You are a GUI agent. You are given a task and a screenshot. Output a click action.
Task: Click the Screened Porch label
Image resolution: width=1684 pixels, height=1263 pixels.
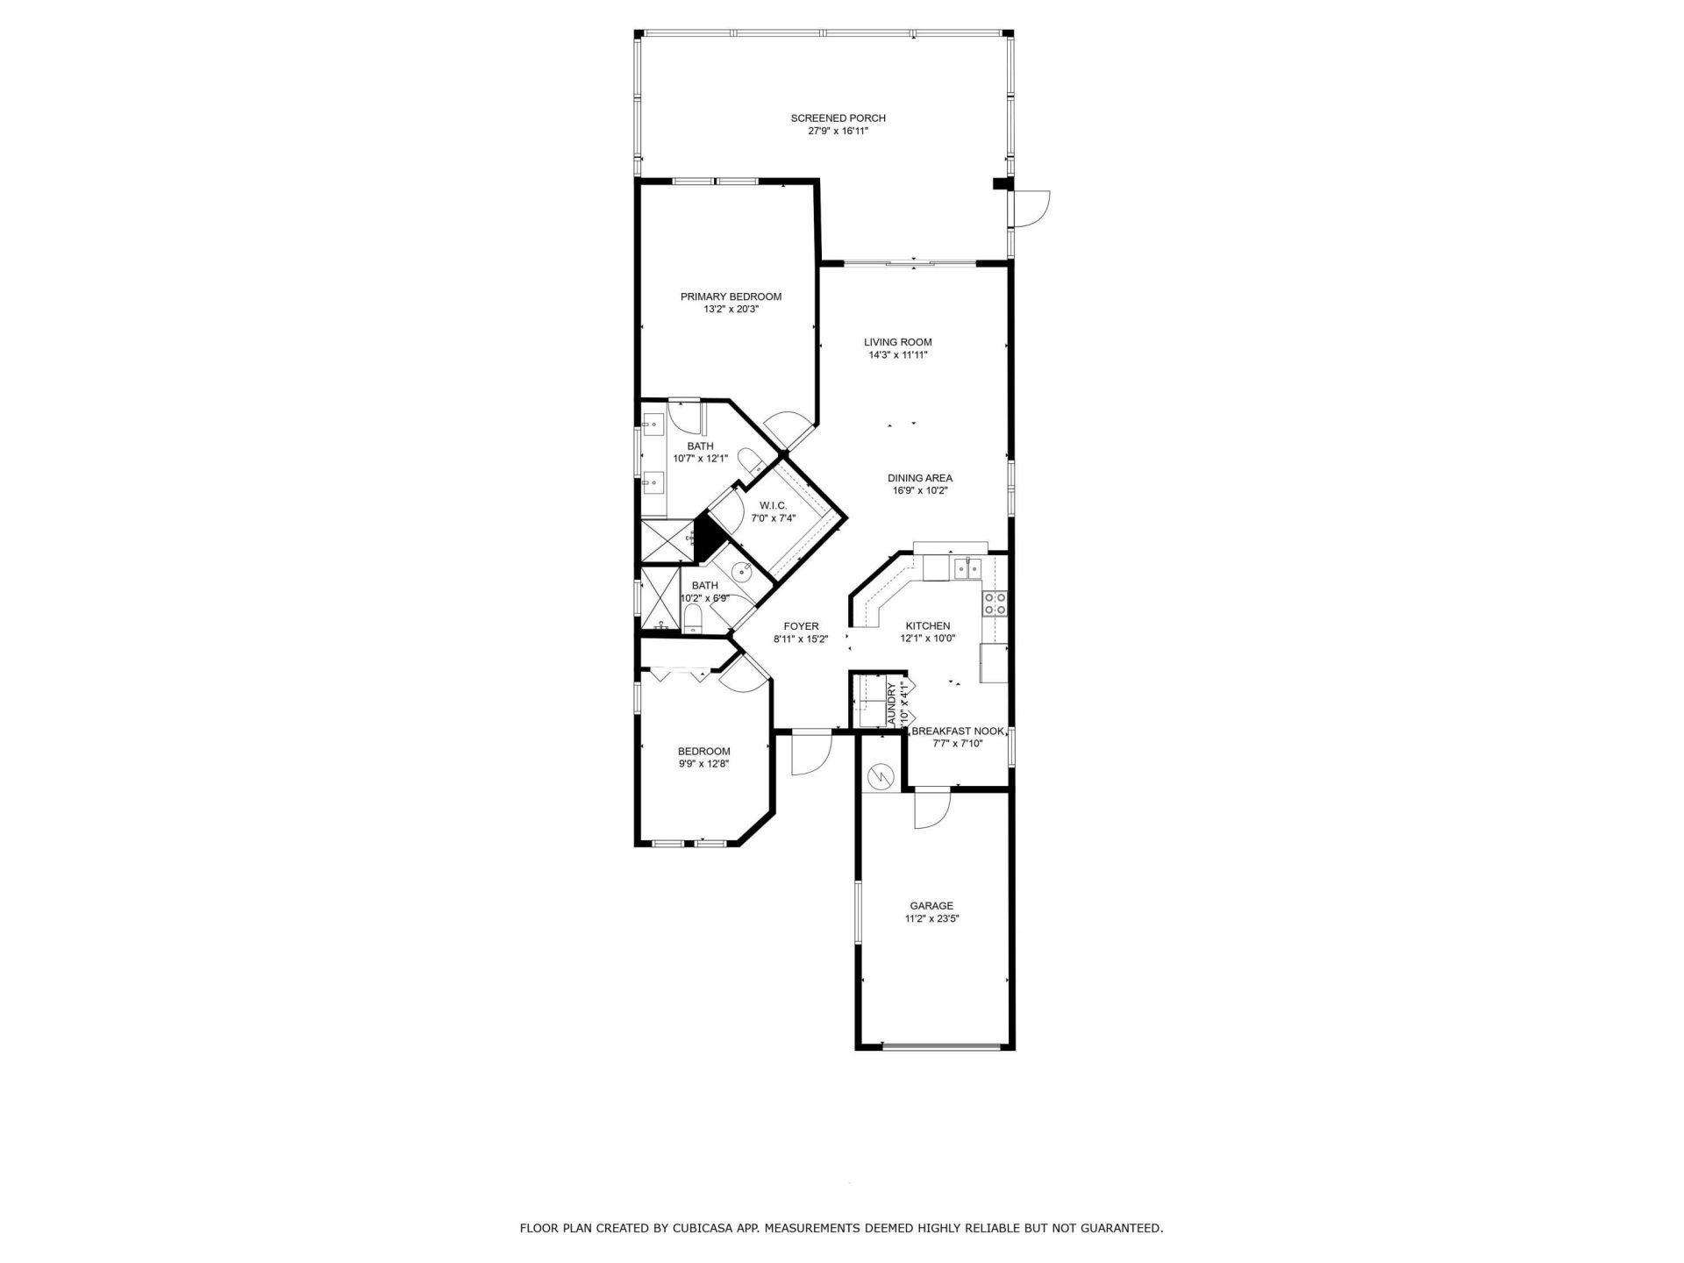tap(838, 118)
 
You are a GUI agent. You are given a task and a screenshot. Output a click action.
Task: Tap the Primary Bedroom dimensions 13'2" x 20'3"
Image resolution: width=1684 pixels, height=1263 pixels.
tap(731, 310)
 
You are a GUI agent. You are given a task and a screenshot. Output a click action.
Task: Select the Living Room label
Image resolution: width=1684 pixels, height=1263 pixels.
tap(897, 342)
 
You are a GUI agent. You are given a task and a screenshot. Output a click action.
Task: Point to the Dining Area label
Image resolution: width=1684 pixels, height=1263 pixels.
tap(919, 478)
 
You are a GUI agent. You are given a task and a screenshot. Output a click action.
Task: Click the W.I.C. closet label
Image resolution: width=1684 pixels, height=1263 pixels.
tap(773, 506)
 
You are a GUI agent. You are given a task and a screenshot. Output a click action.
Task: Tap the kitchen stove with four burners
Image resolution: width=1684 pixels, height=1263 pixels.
tap(995, 603)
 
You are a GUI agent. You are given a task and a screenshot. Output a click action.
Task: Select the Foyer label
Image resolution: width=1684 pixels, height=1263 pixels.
tap(801, 626)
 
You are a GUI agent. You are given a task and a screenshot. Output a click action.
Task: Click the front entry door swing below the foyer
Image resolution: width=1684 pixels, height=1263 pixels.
tap(810, 753)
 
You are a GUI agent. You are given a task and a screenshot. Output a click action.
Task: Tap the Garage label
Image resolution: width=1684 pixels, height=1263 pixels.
tap(931, 906)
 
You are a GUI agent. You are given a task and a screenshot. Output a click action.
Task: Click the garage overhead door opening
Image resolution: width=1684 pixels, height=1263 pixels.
tap(941, 1046)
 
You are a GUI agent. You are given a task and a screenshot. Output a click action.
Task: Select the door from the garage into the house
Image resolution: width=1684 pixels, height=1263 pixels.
tap(931, 808)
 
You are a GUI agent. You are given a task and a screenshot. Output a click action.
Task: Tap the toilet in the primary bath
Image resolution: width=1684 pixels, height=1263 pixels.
tap(750, 460)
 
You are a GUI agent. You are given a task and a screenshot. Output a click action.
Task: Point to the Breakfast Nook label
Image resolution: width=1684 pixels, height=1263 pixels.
tap(957, 731)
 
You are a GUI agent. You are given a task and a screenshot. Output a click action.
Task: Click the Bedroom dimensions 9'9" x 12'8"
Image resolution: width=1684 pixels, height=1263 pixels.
tap(703, 764)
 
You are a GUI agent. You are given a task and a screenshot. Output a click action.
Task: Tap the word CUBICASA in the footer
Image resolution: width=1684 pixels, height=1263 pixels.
tap(696, 1229)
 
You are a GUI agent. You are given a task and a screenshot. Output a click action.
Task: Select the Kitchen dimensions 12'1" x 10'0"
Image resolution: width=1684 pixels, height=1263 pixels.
tap(927, 639)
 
